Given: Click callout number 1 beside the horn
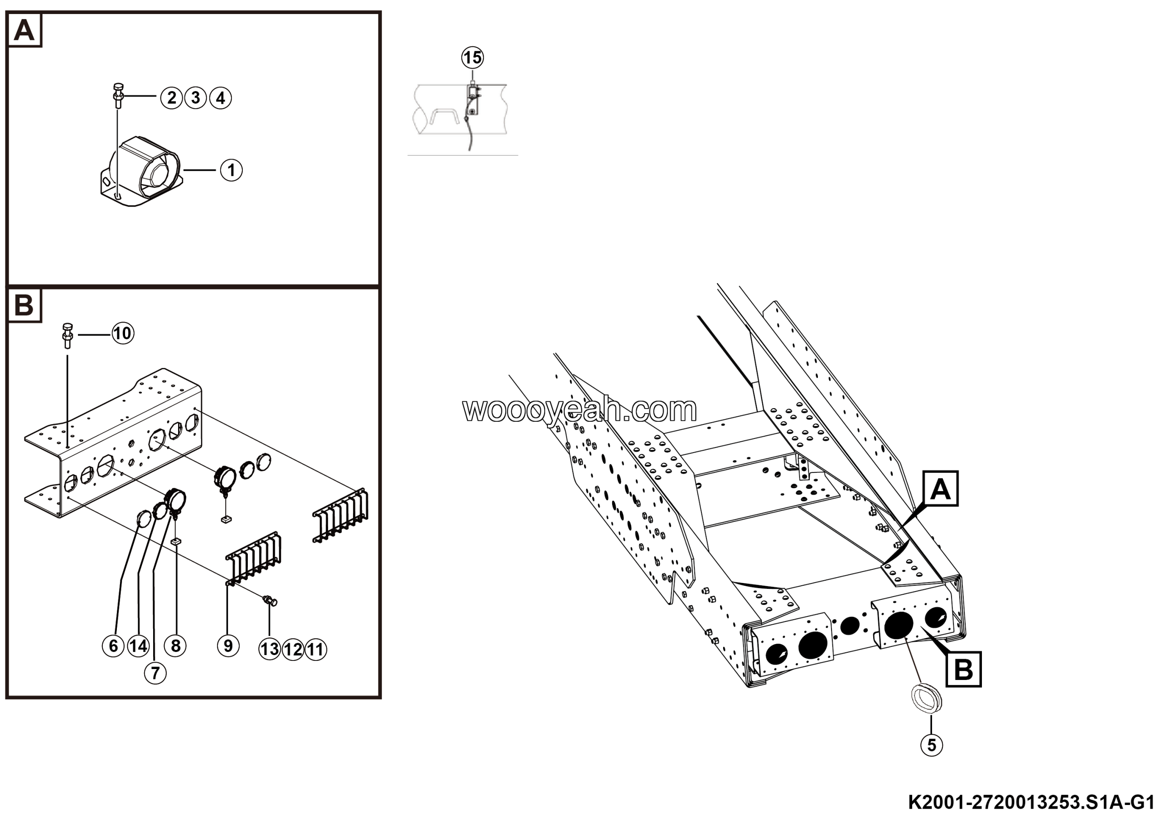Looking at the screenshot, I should tap(232, 170).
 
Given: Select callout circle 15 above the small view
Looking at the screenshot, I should tap(473, 58).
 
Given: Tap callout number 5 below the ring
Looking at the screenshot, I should tap(932, 745).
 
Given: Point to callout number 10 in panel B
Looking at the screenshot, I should tap(123, 334).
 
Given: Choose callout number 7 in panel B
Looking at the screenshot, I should tap(155, 673).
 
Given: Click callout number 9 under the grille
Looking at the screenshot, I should tap(228, 646).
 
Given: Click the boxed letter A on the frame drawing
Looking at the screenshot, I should tap(941, 489).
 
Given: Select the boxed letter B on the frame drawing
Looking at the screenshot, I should tap(963, 670).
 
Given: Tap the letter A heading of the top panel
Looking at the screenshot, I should tap(24, 31).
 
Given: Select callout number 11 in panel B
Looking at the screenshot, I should tap(316, 649).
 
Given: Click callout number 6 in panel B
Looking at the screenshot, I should tap(113, 646).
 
